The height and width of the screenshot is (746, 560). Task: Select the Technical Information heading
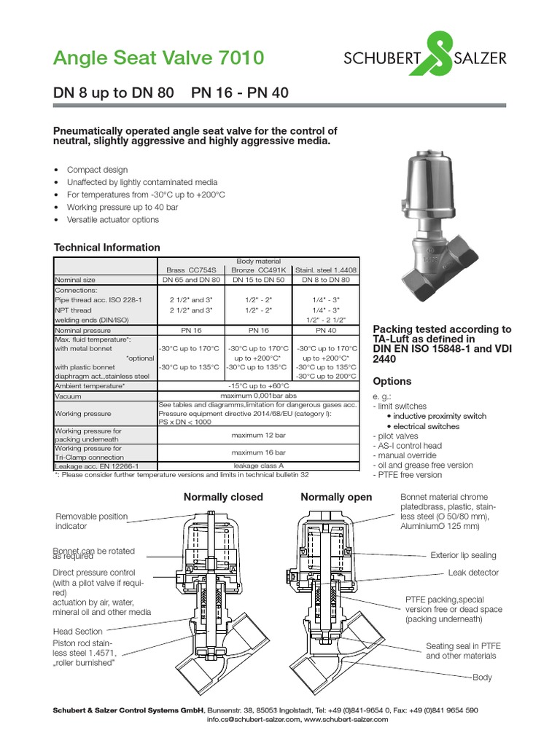coord(106,248)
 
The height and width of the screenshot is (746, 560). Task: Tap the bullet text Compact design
coord(97,170)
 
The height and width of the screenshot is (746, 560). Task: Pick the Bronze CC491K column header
coord(258,269)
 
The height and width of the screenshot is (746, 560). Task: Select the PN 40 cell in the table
coord(325,329)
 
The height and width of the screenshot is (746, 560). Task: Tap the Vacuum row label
coord(68,396)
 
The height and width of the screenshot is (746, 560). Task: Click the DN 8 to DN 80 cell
coord(325,279)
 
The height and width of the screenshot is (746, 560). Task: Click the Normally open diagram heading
coord(336,498)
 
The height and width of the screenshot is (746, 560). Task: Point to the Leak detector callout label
coord(473,573)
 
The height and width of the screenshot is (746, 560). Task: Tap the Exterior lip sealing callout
coord(463,554)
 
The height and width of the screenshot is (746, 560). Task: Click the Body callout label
coord(482,678)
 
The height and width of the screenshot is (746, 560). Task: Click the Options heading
coord(392,381)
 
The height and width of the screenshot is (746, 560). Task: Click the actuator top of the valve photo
coord(433,176)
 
